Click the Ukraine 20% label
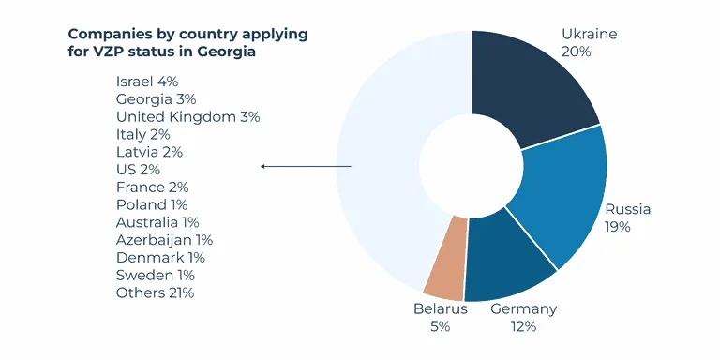(x=590, y=43)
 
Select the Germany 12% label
(x=524, y=318)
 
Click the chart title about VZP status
(x=187, y=43)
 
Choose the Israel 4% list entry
(x=147, y=82)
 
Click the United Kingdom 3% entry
(x=187, y=117)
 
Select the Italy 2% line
(x=143, y=135)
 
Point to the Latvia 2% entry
(x=149, y=152)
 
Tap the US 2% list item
(x=138, y=170)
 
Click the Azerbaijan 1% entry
(x=164, y=240)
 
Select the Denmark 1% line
(x=160, y=258)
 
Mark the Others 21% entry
(x=155, y=293)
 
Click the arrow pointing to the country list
(x=306, y=167)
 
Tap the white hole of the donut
(x=471, y=166)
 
